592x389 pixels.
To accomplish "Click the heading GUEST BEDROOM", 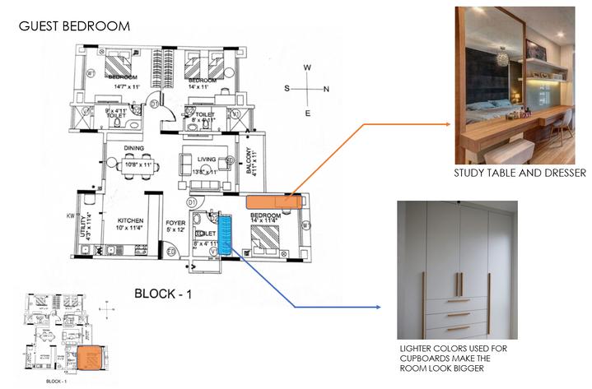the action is [x=74, y=26].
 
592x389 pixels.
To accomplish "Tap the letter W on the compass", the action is [x=307, y=67].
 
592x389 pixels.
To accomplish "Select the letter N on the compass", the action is [x=326, y=89].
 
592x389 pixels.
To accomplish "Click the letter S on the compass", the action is [x=288, y=88].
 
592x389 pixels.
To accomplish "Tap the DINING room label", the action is [x=134, y=149].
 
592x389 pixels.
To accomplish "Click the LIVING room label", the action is [x=207, y=160].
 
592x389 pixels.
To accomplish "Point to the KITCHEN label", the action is [x=131, y=221].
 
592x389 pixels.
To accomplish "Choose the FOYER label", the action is [x=175, y=221].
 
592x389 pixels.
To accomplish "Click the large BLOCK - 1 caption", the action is [x=162, y=292].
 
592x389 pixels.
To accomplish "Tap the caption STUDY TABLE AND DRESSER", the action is [x=520, y=174].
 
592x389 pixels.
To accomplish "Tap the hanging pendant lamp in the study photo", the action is [x=501, y=58].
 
